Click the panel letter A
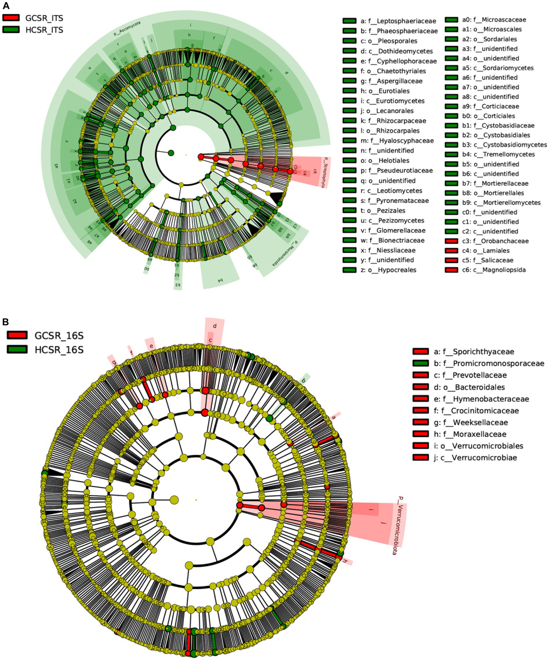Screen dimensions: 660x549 (x=6, y=5)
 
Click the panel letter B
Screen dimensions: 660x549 (x=6, y=321)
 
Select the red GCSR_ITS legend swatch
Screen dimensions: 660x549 (x=11, y=18)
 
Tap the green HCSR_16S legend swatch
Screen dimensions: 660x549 (x=17, y=349)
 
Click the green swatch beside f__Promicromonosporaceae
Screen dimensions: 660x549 (x=420, y=363)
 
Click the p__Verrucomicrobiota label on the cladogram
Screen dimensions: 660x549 (x=397, y=525)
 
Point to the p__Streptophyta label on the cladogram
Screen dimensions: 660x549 (x=324, y=172)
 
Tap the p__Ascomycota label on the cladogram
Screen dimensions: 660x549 (x=127, y=29)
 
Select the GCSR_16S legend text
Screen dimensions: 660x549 (x=59, y=336)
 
